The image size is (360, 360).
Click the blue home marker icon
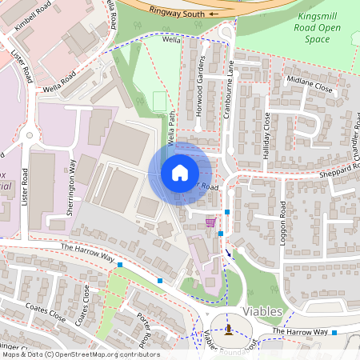180,173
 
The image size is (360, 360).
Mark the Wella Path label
171,129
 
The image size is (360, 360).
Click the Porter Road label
145,324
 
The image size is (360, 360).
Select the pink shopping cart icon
210,222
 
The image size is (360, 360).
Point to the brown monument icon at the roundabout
230,330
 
